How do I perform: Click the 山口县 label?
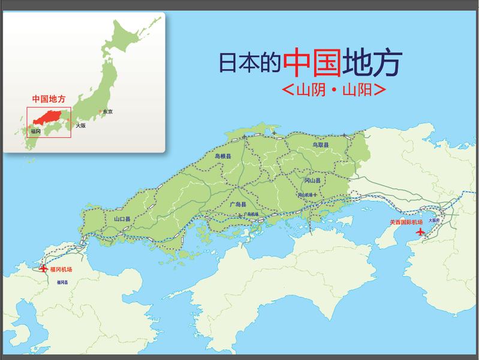(122, 219)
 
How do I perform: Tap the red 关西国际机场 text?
(406, 222)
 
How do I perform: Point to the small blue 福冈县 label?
(62, 281)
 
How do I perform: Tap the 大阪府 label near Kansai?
(434, 220)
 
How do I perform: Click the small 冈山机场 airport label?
(307, 194)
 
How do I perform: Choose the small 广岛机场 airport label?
(250, 214)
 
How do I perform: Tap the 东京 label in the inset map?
(108, 112)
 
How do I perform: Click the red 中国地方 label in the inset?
(49, 98)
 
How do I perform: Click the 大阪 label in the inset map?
(81, 126)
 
